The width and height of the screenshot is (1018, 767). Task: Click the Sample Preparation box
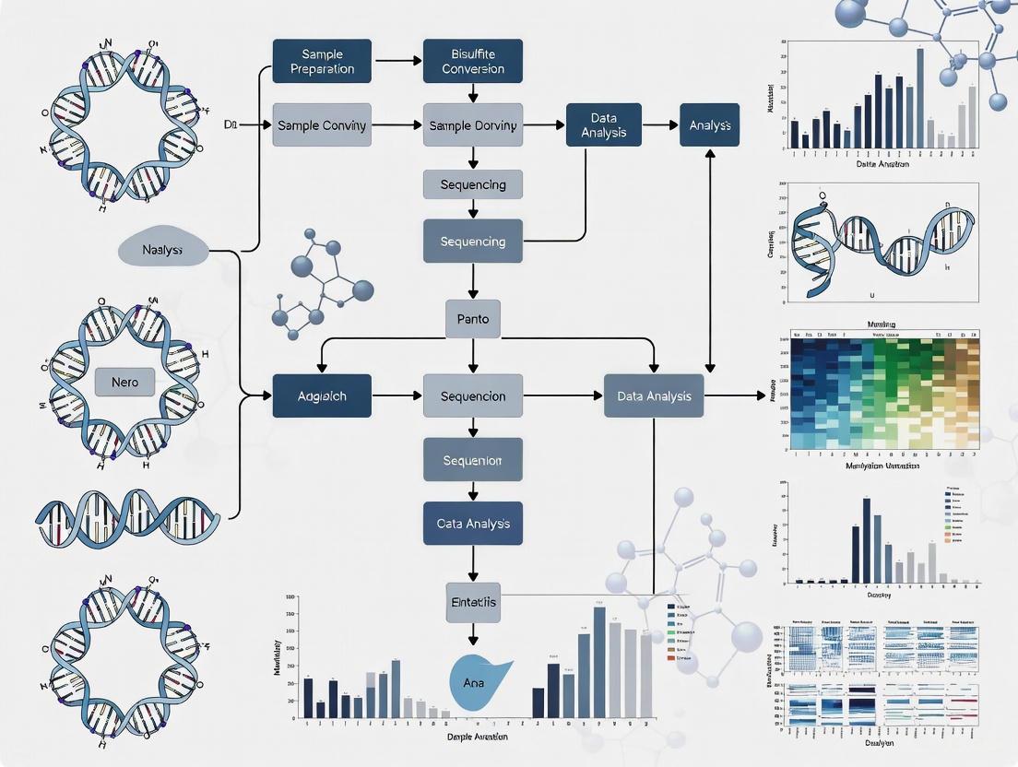[322, 61]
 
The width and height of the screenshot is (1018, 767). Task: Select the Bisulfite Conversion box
[473, 61]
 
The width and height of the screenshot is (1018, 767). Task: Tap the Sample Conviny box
[322, 125]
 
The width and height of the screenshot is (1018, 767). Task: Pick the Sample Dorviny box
[473, 125]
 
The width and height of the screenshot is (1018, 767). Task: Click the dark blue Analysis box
[709, 125]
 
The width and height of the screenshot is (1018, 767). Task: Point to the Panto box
[473, 320]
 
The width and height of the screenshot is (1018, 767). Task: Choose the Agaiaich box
[322, 396]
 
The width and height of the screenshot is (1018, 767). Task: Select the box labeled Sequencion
[473, 396]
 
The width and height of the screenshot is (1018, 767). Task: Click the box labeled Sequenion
[473, 459]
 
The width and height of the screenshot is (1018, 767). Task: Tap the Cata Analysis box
[473, 524]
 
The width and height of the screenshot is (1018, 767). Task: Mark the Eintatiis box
[471, 602]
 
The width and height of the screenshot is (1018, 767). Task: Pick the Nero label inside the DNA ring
[124, 382]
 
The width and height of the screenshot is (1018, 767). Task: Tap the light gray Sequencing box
[473, 184]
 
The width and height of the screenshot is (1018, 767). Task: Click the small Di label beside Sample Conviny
[231, 124]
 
